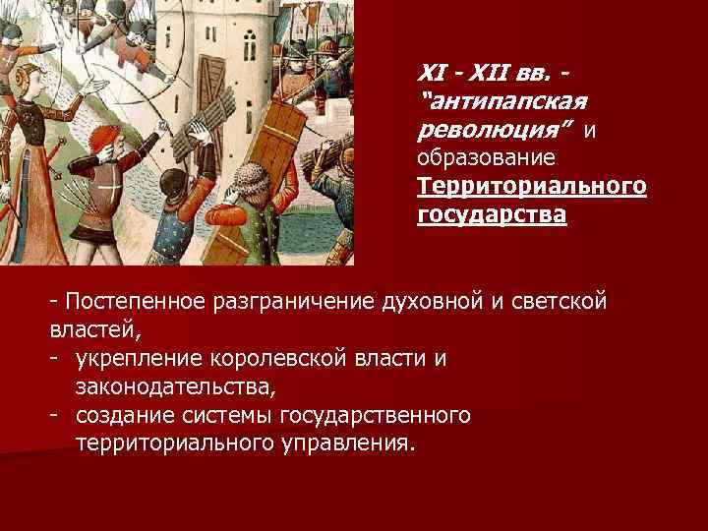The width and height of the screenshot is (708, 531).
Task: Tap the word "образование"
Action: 486,157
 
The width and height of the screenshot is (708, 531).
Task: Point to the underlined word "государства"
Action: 491,214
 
